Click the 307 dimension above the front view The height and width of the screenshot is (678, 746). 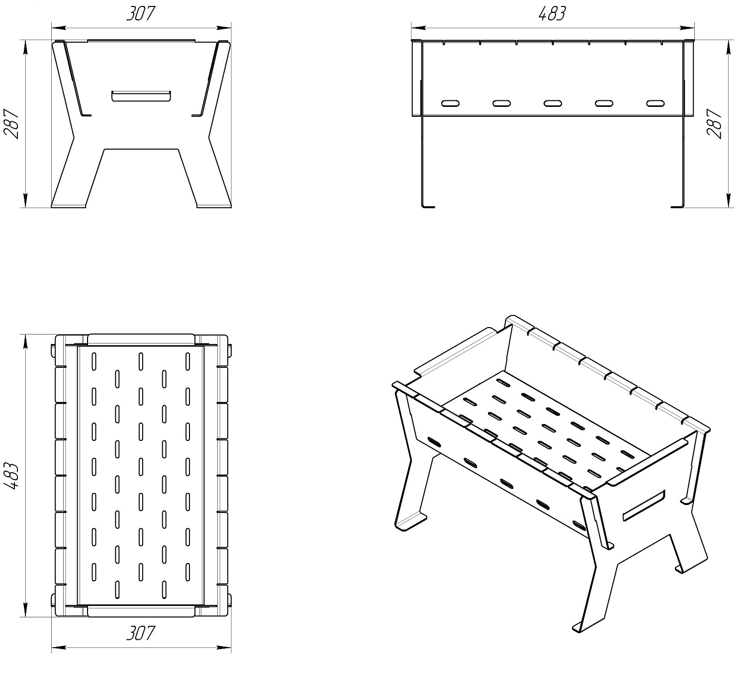coord(141,14)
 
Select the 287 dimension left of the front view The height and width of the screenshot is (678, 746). coord(11,124)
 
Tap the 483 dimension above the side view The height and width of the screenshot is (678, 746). coord(552,14)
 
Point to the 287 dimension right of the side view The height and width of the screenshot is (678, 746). coord(714,124)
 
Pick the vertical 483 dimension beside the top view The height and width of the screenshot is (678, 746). coord(11,476)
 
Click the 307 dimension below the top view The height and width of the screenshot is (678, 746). coord(141,633)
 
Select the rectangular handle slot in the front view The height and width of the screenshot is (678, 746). coord(141,95)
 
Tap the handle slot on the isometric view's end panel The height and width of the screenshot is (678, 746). coord(644,506)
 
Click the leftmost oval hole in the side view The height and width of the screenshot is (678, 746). coord(450,103)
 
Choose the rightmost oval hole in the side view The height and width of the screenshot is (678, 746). coord(655,103)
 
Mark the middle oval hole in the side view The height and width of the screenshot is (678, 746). coord(553,103)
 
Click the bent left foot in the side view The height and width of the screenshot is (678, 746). coord(428,206)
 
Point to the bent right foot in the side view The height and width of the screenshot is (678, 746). coord(677,206)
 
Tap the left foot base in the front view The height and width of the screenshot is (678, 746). coord(69,206)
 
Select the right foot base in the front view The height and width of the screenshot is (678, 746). coord(214,206)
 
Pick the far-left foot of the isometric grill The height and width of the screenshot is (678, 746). coord(410,522)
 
